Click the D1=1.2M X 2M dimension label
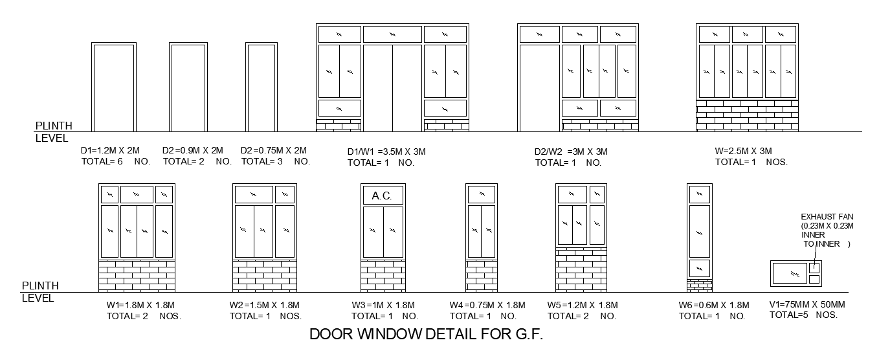pyautogui.click(x=110, y=151)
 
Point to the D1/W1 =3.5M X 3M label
pyautogui.click(x=386, y=152)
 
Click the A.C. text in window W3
pyautogui.click(x=383, y=196)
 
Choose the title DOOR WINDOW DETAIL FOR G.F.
pyautogui.click(x=425, y=335)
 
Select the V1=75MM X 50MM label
pyautogui.click(x=807, y=305)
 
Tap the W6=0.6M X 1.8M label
pyautogui.click(x=714, y=306)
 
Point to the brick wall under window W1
pyautogui.click(x=137, y=276)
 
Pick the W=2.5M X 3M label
pyautogui.click(x=743, y=152)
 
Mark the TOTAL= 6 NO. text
pyautogui.click(x=115, y=161)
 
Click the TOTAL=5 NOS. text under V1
pyautogui.click(x=803, y=315)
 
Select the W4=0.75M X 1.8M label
pyautogui.click(x=487, y=306)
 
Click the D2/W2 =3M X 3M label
pyautogui.click(x=571, y=152)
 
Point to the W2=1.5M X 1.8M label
pyautogui.click(x=265, y=306)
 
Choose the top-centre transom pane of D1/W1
pyautogui.click(x=392, y=34)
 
